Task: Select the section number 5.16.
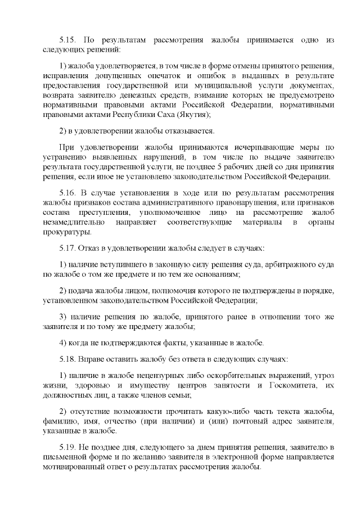(68, 193)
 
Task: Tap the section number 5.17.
(68, 248)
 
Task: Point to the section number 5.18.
(68, 358)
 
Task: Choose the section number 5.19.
(68, 447)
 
